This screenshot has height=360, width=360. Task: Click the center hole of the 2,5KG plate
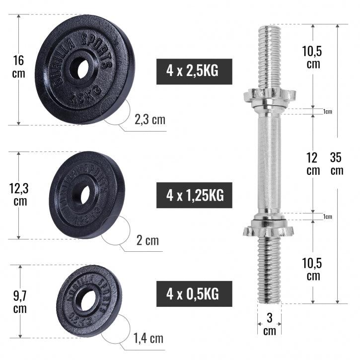(78, 69)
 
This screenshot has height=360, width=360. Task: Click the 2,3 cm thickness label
(150, 120)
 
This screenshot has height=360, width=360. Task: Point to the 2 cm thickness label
(147, 241)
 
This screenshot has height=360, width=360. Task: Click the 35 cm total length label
(337, 164)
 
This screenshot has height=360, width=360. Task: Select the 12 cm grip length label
(313, 164)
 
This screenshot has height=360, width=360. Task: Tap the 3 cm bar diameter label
(269, 324)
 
